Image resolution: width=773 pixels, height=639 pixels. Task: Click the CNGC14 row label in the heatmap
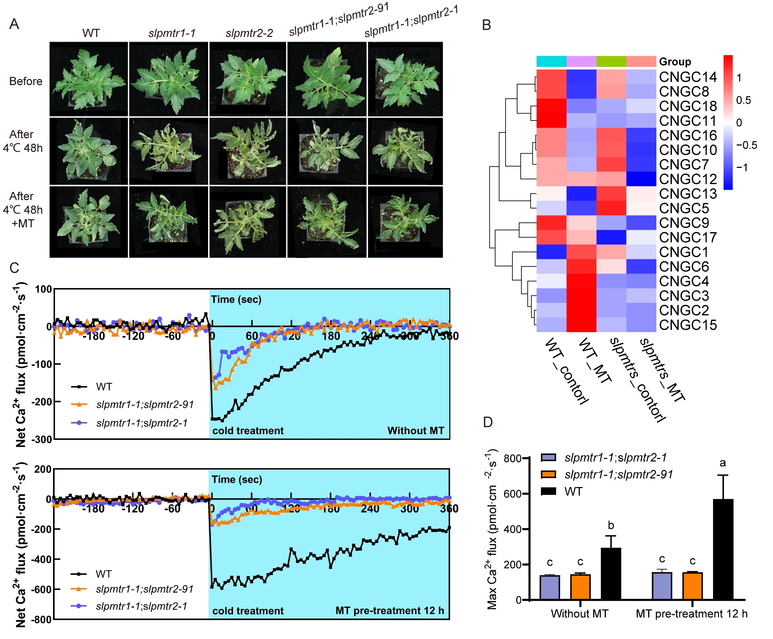click(x=687, y=77)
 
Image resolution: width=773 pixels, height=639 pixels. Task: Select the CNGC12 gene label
click(x=687, y=179)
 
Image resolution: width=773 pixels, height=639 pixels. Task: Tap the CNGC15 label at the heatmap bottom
click(x=687, y=325)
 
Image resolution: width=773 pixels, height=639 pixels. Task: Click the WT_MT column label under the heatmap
click(x=594, y=361)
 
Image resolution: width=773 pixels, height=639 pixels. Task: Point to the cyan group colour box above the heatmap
click(x=551, y=62)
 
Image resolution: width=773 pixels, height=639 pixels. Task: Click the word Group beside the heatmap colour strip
click(x=675, y=62)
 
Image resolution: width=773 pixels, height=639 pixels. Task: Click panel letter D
click(x=487, y=422)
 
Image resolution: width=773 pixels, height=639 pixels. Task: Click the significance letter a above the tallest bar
click(x=723, y=463)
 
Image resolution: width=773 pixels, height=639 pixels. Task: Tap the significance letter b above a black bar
click(x=611, y=525)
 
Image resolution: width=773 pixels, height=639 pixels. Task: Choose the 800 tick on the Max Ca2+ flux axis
click(x=512, y=458)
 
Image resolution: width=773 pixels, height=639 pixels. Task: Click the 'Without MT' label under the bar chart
click(x=580, y=614)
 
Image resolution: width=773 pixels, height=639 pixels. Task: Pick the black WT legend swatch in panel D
click(x=548, y=491)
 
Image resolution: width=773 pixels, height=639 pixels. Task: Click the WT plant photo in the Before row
click(x=88, y=79)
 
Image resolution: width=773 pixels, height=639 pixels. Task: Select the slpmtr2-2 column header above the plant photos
click(x=249, y=33)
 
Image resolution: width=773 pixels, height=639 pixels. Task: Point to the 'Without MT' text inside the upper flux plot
click(x=415, y=430)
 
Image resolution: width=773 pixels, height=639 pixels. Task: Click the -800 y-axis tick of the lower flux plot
click(x=42, y=619)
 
